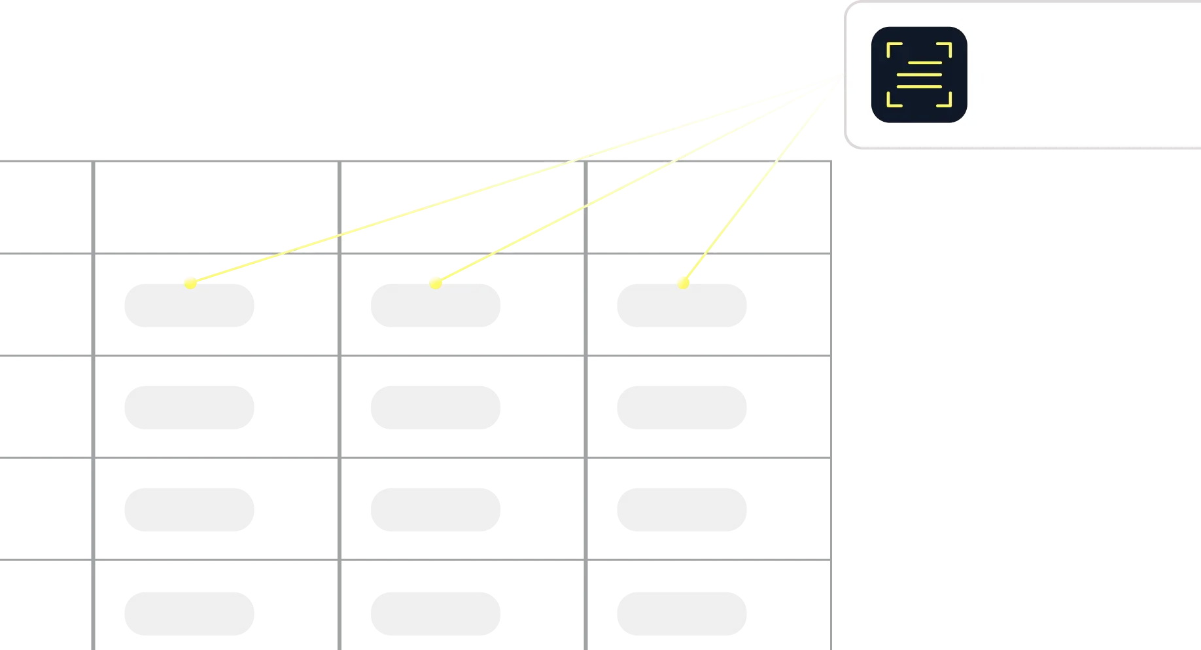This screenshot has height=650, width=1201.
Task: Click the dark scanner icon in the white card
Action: click(x=919, y=75)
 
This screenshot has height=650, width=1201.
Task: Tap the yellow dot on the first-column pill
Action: click(x=190, y=282)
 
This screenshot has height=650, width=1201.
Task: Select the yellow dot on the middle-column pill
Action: click(x=436, y=282)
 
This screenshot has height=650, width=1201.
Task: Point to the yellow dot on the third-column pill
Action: click(x=683, y=282)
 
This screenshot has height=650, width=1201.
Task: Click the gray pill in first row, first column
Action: click(x=188, y=306)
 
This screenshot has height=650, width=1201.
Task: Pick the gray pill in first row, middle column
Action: click(x=434, y=306)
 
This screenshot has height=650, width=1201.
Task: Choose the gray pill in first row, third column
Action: click(x=680, y=306)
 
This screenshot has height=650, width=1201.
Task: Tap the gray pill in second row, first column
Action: click(x=188, y=406)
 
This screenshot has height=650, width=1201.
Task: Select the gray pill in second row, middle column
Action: click(x=434, y=406)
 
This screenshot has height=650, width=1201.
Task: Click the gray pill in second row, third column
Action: click(x=680, y=406)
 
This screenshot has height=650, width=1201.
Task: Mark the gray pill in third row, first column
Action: click(x=188, y=510)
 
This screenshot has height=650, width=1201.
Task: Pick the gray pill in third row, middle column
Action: click(x=434, y=510)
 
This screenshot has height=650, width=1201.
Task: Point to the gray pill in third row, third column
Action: click(x=680, y=510)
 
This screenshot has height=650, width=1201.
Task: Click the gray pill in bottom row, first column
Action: click(x=188, y=615)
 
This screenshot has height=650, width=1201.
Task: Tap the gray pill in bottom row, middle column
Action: click(x=434, y=615)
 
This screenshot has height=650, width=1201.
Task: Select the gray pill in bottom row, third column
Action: click(x=680, y=615)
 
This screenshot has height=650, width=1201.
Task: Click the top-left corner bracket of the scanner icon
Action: click(x=893, y=49)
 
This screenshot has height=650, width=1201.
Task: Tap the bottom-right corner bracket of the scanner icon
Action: click(x=945, y=100)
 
